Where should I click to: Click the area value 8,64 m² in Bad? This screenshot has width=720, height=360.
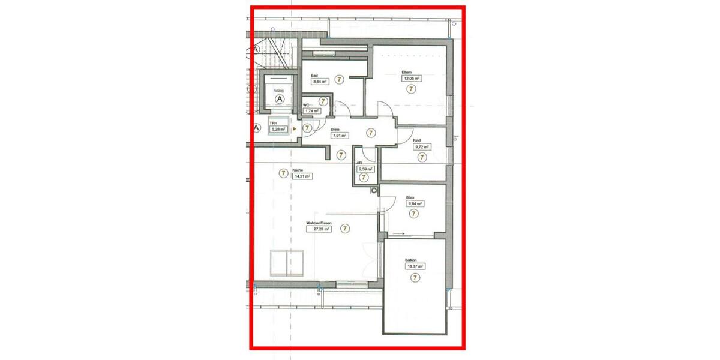click(319, 82)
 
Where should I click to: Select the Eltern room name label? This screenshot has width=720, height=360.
click(406, 73)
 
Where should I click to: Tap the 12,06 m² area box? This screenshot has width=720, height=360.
click(411, 79)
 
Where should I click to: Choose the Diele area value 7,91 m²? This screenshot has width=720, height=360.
click(340, 136)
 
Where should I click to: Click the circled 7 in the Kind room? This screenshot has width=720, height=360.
click(421, 157)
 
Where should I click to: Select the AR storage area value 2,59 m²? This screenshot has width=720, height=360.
click(365, 170)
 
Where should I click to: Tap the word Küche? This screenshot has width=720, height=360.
click(298, 170)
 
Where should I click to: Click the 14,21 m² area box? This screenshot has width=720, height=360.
click(301, 176)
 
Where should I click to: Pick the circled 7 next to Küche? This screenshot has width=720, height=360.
click(283, 173)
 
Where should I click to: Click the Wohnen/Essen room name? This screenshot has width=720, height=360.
click(319, 223)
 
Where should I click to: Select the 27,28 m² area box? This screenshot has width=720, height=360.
click(319, 229)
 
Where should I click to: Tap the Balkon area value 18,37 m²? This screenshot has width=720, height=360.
click(415, 266)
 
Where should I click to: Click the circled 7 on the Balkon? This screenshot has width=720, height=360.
click(415, 278)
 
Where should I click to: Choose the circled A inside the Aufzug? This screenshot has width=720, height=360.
click(278, 98)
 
